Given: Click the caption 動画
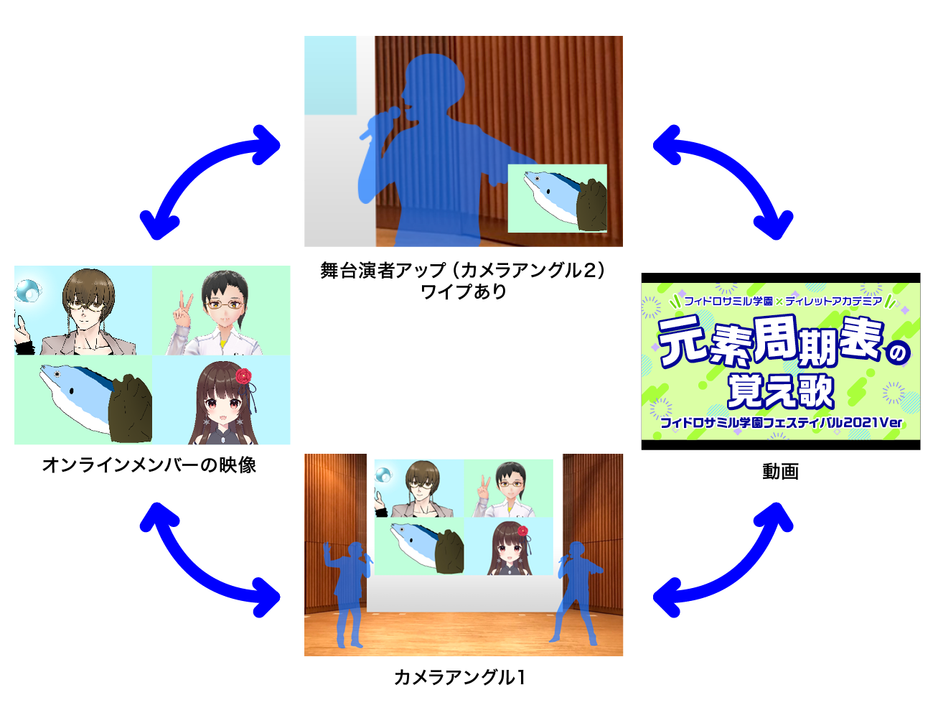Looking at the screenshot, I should click(x=780, y=472).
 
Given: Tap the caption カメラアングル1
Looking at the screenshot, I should click(x=459, y=677).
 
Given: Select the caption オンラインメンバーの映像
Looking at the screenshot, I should click(x=149, y=465).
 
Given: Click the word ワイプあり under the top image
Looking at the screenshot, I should click(x=464, y=292).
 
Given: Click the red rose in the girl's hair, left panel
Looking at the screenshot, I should click(x=243, y=376).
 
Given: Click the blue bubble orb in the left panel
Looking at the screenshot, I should click(x=29, y=290).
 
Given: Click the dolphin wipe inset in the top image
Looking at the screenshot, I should click(x=558, y=198).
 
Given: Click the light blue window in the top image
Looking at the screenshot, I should click(x=330, y=75).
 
